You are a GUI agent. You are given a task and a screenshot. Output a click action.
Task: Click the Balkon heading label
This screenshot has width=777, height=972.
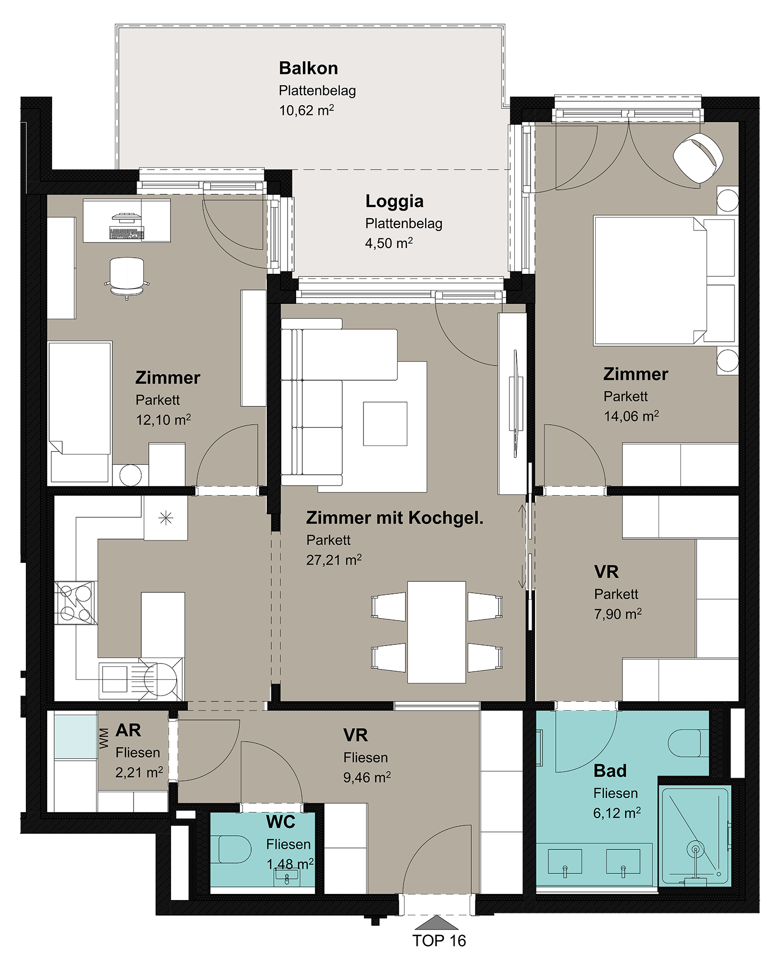pyautogui.click(x=308, y=68)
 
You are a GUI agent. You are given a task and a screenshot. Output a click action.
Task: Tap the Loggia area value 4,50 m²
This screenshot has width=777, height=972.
pyautogui.click(x=389, y=243)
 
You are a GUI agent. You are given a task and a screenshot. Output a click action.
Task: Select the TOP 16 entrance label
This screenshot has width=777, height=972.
pyautogui.click(x=439, y=941)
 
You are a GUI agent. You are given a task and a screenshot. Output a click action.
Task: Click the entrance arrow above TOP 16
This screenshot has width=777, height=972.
pyautogui.click(x=436, y=922)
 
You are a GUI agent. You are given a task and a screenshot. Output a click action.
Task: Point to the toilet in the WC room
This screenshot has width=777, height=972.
pyautogui.click(x=234, y=849)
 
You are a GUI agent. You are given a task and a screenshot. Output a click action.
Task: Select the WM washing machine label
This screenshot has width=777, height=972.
pyautogui.click(x=104, y=738)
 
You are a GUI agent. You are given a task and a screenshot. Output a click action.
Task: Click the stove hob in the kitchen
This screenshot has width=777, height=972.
pyautogui.click(x=76, y=602)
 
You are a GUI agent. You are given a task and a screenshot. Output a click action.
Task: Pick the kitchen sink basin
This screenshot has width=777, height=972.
pyautogui.click(x=115, y=679)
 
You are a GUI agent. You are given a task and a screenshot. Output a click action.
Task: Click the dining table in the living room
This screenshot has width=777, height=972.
pyautogui.click(x=436, y=632)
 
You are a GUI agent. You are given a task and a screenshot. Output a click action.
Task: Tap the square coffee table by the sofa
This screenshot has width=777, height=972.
pyautogui.click(x=385, y=424)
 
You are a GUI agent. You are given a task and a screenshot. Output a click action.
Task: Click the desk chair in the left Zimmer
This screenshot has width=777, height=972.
pyautogui.click(x=127, y=277)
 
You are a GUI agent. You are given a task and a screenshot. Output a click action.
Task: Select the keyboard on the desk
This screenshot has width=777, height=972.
pyautogui.click(x=127, y=233)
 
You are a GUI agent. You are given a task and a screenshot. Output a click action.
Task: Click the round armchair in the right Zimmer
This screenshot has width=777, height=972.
pyautogui.click(x=698, y=157)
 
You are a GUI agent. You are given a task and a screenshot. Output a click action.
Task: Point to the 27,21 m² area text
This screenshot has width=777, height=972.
pyautogui.click(x=334, y=559)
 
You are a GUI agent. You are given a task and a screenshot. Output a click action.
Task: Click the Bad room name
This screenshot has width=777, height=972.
pyautogui.click(x=610, y=771)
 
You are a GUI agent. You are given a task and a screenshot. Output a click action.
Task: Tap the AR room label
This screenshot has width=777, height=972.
pyautogui.click(x=128, y=730)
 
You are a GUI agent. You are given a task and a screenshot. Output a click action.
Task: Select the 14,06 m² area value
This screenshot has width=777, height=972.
pyautogui.click(x=631, y=416)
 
